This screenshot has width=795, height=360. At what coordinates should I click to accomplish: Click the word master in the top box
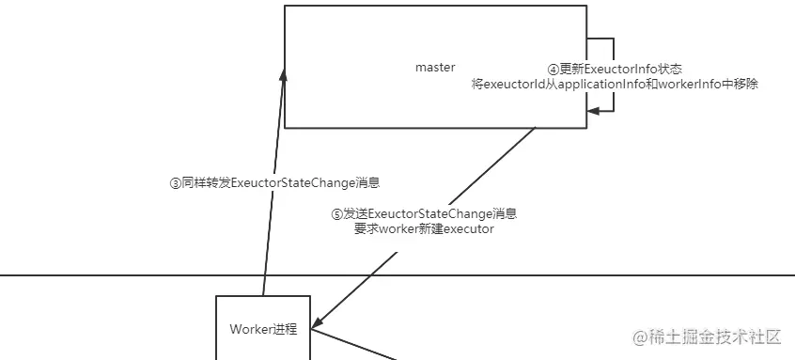click(435, 68)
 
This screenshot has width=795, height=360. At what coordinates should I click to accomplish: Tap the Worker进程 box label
click(263, 329)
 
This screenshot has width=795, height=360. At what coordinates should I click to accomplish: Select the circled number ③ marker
click(175, 183)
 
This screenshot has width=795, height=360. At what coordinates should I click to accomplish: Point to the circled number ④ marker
click(553, 70)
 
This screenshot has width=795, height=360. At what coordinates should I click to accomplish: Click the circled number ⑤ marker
click(336, 214)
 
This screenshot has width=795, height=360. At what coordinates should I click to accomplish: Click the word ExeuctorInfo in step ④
click(621, 70)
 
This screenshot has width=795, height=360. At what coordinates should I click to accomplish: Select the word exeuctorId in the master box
click(513, 84)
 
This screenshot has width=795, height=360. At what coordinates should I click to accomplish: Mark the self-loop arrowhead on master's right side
click(592, 112)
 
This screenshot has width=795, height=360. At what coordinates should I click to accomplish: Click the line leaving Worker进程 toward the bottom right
click(357, 344)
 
